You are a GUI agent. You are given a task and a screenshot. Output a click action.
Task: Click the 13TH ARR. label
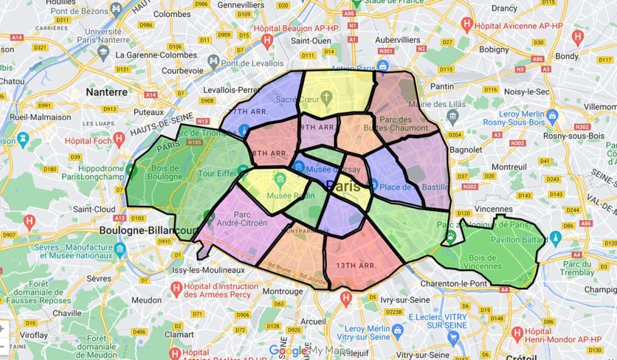pos(356,265)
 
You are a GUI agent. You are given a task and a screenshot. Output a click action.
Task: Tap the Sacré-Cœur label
pos(295,98)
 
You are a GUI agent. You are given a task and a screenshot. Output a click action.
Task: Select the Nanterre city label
pos(106,92)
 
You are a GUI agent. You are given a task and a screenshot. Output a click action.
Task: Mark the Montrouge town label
pos(283,291)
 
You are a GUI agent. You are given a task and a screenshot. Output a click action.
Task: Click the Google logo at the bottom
pos(288,351)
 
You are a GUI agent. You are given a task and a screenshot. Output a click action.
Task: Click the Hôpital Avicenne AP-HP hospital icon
pos(467,25)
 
